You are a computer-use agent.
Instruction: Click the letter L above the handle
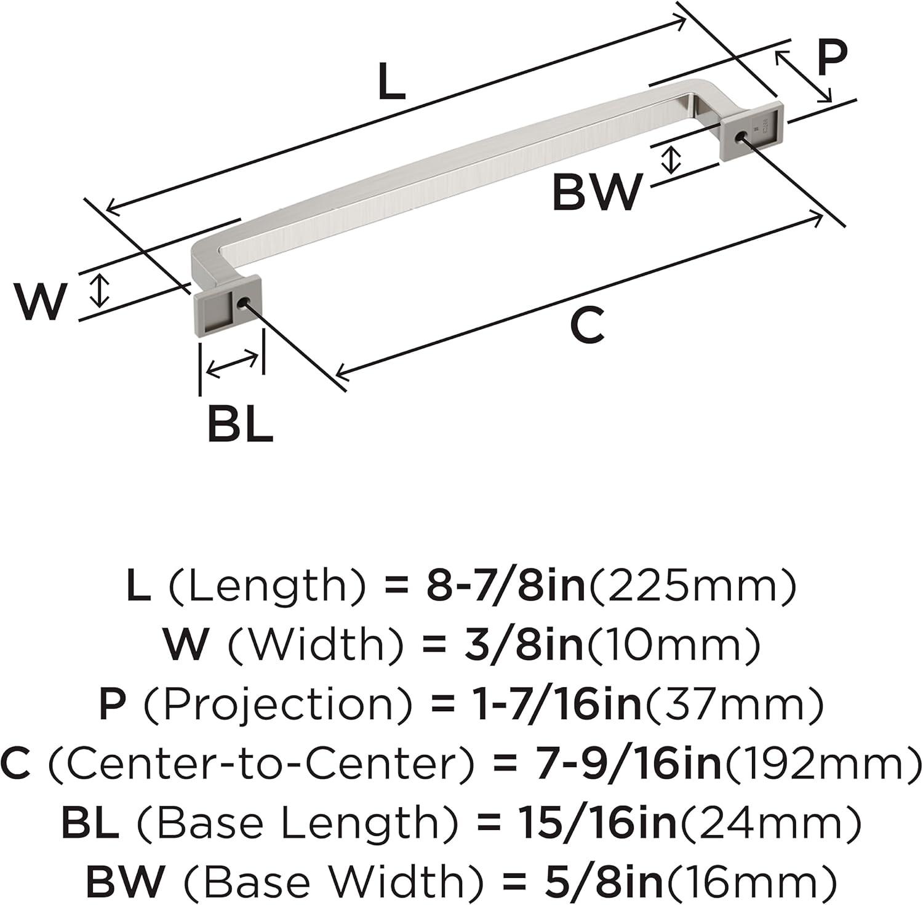392,82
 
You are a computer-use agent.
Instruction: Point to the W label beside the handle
40,301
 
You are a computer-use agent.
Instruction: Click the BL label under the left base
240,425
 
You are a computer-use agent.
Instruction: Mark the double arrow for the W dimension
98,291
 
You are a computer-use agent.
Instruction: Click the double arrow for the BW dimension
671,159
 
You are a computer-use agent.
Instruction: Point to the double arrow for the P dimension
803,77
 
